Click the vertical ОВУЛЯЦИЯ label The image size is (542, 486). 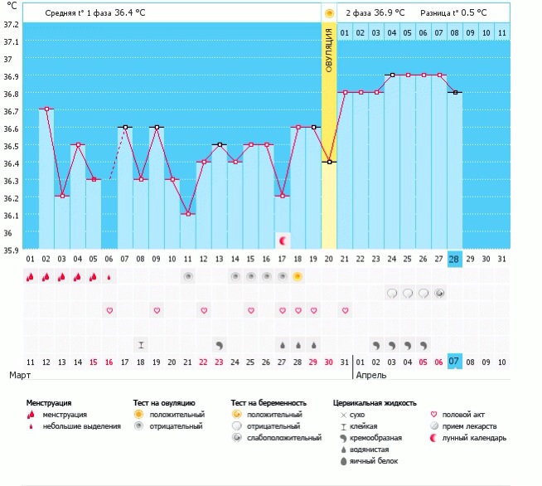pos(329,50)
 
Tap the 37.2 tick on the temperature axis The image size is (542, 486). pos(11,25)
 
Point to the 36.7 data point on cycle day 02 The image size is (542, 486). pos(46,109)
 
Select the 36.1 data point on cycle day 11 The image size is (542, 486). pos(188,214)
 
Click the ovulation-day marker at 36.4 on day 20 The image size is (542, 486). pos(329,162)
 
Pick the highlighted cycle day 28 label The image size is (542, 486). pos(454,259)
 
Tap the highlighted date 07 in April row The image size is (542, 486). pos(454,362)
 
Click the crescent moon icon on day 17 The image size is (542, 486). pos(283,241)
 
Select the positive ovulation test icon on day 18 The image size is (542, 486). pos(298,277)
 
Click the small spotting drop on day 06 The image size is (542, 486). pos(109,277)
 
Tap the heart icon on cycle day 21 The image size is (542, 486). pos(345,311)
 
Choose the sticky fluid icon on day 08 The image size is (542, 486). pos(141,345)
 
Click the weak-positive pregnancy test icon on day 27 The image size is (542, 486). pos(439,294)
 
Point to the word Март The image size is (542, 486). pos(20,375)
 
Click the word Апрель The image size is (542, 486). pos(371,376)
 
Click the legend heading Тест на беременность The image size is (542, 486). pos(269,403)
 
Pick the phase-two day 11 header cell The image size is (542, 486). pos(502,33)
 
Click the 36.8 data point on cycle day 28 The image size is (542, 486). pos(456,92)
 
